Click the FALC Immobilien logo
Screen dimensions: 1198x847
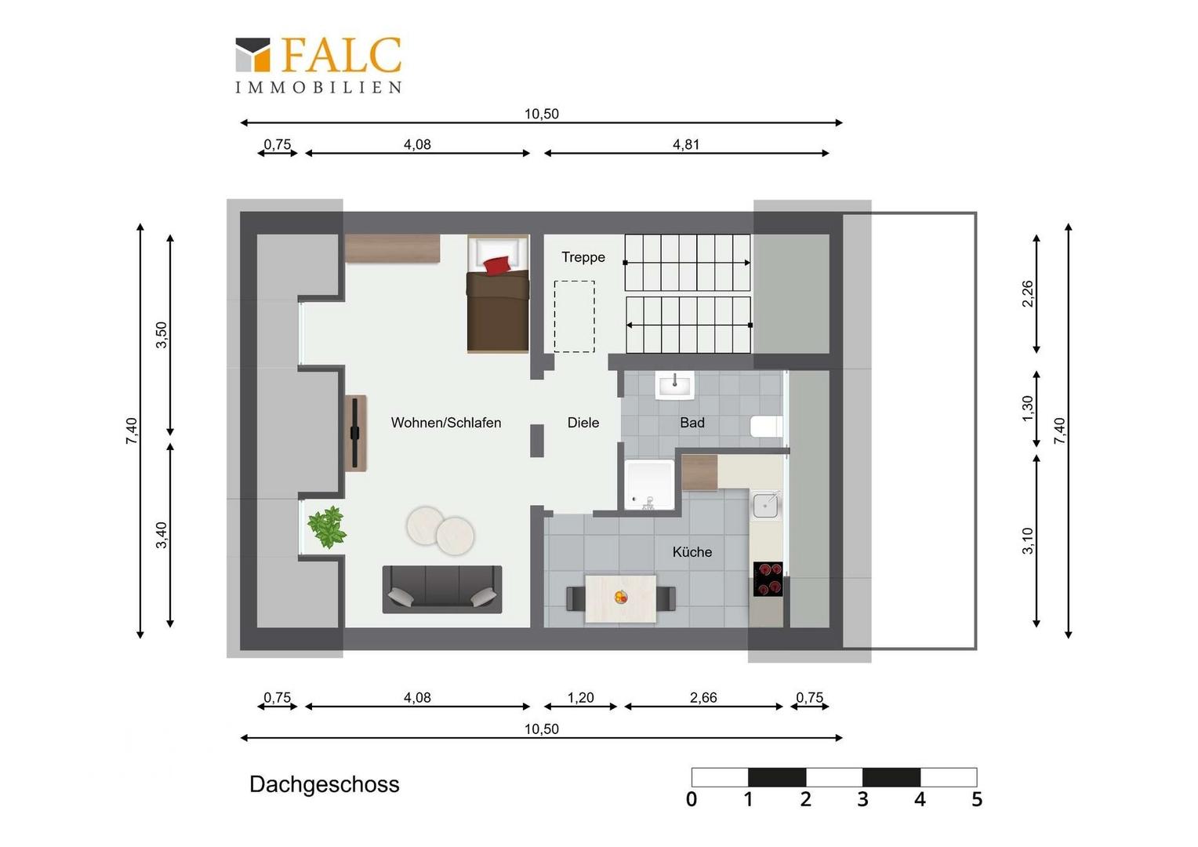tap(319, 65)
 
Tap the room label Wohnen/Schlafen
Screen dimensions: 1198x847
tap(446, 423)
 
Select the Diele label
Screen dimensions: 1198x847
tap(583, 423)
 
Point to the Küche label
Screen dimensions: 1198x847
tap(692, 551)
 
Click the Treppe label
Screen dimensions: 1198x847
tap(583, 257)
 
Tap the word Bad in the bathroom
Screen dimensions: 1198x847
tap(692, 423)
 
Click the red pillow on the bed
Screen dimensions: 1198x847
tap(497, 265)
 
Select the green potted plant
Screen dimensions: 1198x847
tap(327, 527)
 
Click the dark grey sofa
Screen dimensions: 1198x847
tap(441, 589)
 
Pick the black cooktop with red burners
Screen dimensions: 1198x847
tap(768, 579)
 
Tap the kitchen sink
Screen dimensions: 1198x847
tap(767, 506)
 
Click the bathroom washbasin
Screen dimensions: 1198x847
tap(675, 385)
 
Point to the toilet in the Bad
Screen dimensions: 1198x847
tap(767, 427)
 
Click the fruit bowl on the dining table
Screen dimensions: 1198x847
tap(620, 597)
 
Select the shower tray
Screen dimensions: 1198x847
tap(650, 484)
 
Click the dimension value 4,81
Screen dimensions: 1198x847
tap(686, 144)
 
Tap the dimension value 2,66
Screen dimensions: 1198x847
tap(702, 698)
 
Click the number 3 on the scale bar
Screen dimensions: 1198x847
tap(862, 800)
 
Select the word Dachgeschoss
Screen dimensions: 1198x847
tap(324, 785)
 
